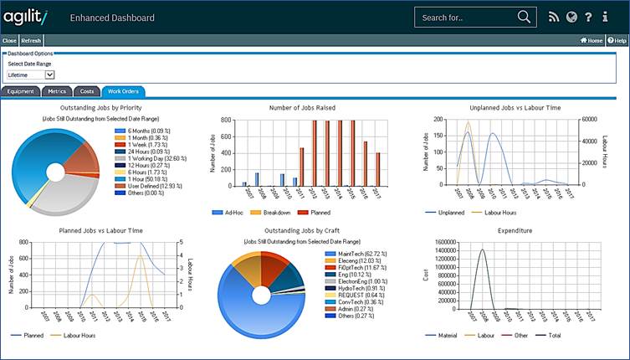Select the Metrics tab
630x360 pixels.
pos(56,91)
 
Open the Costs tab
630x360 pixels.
pos(86,91)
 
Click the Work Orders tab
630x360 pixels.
pos(122,91)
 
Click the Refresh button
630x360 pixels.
pos(31,40)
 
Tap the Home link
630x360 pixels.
pos(592,40)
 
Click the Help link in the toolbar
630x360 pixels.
pos(617,40)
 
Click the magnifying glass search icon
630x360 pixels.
pos(524,17)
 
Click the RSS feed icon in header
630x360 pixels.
pos(553,17)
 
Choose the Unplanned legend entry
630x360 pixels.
pos(448,213)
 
